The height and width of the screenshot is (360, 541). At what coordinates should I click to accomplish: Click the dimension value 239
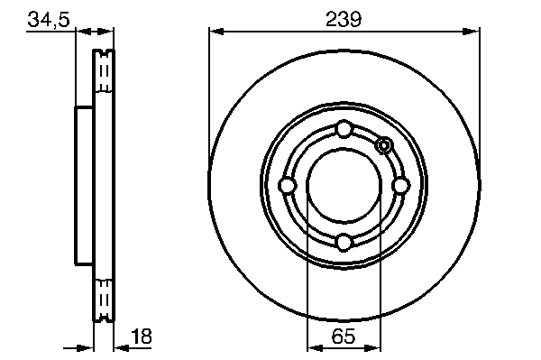click(344, 19)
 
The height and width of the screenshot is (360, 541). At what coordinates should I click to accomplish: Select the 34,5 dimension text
click(49, 19)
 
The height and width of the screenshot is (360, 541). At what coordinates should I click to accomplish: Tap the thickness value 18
click(142, 336)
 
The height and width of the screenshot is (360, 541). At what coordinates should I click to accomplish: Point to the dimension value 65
click(344, 336)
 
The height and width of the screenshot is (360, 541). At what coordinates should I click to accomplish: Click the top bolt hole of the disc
click(344, 129)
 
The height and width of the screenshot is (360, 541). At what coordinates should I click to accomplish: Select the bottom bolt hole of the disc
click(344, 242)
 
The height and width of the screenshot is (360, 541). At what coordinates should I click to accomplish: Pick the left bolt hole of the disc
click(287, 186)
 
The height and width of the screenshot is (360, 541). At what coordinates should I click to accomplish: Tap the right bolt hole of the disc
click(400, 186)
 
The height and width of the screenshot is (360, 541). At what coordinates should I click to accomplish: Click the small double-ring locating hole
click(384, 146)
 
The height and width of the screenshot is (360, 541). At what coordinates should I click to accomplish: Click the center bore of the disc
click(344, 186)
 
